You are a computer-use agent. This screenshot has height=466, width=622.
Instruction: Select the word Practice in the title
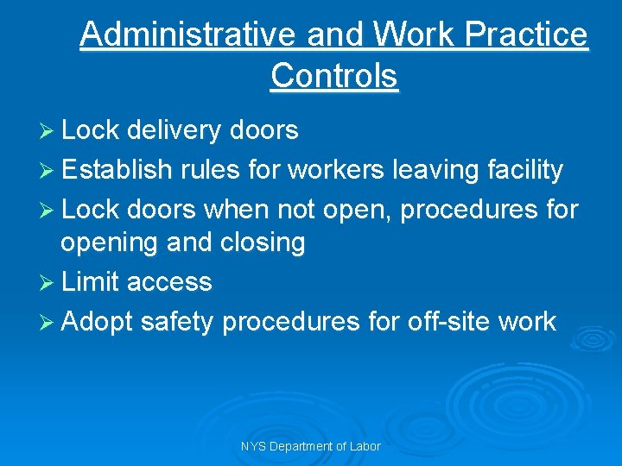click(525, 35)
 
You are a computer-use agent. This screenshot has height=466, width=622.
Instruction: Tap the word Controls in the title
click(333, 75)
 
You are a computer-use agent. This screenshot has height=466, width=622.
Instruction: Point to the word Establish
click(117, 170)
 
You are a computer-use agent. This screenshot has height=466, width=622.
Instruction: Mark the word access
click(168, 283)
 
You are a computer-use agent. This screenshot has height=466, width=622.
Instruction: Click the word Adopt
click(97, 322)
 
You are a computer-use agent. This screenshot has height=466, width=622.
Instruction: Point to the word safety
click(176, 322)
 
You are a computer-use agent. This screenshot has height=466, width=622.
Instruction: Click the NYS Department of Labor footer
click(312, 446)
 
